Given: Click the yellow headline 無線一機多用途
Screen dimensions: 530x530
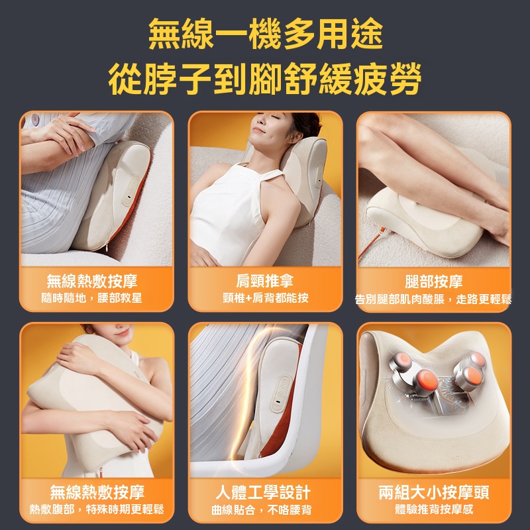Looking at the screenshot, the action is click(266, 34).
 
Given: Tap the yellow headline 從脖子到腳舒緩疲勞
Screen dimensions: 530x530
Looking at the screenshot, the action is click(265, 78).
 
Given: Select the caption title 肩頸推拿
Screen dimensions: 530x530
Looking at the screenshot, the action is click(265, 280).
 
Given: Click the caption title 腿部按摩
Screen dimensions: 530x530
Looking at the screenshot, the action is click(434, 281).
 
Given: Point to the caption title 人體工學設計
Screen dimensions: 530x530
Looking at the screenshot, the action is click(263, 492).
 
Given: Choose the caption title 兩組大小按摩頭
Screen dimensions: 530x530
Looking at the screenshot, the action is click(434, 492).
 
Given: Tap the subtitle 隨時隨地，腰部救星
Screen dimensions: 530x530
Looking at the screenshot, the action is click(91, 298).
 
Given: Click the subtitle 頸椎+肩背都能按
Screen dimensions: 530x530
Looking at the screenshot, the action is click(266, 298).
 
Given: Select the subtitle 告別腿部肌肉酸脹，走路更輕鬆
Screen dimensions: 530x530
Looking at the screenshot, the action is click(433, 299).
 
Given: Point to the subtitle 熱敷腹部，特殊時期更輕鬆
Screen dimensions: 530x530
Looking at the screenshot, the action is click(97, 509).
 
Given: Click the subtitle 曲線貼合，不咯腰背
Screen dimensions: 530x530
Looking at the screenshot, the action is click(261, 509).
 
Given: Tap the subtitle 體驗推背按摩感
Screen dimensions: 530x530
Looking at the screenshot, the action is click(434, 509).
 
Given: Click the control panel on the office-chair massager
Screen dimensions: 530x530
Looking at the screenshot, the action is click(280, 393).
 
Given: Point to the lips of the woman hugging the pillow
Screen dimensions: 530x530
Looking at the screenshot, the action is click(123, 332).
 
